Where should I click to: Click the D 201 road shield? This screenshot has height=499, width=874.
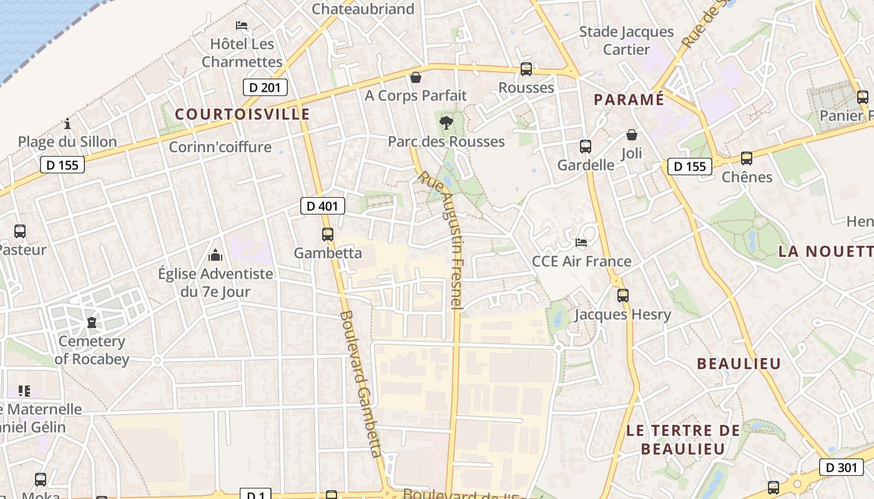pyautogui.click(x=265, y=87)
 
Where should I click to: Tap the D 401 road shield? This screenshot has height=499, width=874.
pyautogui.click(x=323, y=205)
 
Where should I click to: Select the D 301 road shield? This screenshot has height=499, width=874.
pyautogui.click(x=841, y=467)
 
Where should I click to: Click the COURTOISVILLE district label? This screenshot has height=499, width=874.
pyautogui.click(x=242, y=114)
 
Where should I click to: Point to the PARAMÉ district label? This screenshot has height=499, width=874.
pyautogui.click(x=629, y=99)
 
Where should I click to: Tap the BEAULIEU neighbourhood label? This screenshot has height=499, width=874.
pyautogui.click(x=739, y=364)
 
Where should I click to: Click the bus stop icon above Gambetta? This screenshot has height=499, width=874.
pyautogui.click(x=328, y=235)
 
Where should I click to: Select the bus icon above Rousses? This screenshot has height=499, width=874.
pyautogui.click(x=526, y=69)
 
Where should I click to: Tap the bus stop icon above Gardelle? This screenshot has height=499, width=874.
pyautogui.click(x=586, y=147)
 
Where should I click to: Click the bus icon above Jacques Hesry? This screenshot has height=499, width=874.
pyautogui.click(x=622, y=296)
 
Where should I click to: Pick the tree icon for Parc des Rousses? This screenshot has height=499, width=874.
pyautogui.click(x=446, y=123)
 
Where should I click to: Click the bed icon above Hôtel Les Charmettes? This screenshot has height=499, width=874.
pyautogui.click(x=242, y=26)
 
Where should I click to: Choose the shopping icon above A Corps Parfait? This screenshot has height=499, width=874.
pyautogui.click(x=416, y=77)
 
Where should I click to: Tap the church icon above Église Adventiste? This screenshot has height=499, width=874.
pyautogui.click(x=215, y=255)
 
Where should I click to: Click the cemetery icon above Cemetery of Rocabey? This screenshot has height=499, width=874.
pyautogui.click(x=92, y=322)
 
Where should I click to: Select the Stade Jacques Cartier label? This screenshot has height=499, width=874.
pyautogui.click(x=626, y=40)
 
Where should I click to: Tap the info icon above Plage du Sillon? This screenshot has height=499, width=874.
pyautogui.click(x=67, y=124)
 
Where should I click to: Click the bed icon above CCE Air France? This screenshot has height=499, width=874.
pyautogui.click(x=581, y=243)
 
